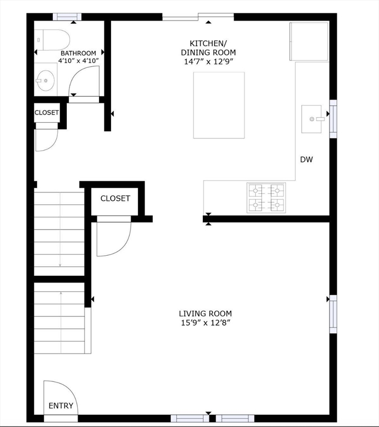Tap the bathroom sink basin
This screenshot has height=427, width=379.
pyautogui.click(x=46, y=80)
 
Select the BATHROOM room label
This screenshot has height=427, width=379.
pyautogui.click(x=78, y=53)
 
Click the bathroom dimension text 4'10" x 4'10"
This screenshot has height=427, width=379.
pyautogui.click(x=78, y=61)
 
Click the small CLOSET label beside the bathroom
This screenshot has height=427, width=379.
pyautogui.click(x=47, y=112)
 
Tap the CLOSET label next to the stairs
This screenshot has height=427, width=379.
pyautogui.click(x=115, y=198)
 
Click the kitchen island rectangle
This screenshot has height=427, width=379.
pyautogui.click(x=219, y=105)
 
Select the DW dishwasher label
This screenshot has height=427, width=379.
pyautogui.click(x=306, y=160)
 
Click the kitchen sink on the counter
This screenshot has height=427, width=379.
pyautogui.click(x=311, y=119)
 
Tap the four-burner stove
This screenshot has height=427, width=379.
pyautogui.click(x=266, y=198)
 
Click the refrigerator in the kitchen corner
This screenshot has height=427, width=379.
pyautogui.click(x=309, y=41)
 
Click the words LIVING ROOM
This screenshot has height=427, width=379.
pyautogui.click(x=205, y=314)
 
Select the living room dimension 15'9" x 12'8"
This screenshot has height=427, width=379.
pyautogui.click(x=206, y=323)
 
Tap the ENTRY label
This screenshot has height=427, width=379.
pyautogui.click(x=61, y=406)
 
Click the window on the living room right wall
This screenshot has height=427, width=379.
pyautogui.click(x=333, y=314)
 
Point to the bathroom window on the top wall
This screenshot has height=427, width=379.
pyautogui.click(x=67, y=17)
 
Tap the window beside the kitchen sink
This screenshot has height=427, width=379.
pyautogui.click(x=333, y=119)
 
